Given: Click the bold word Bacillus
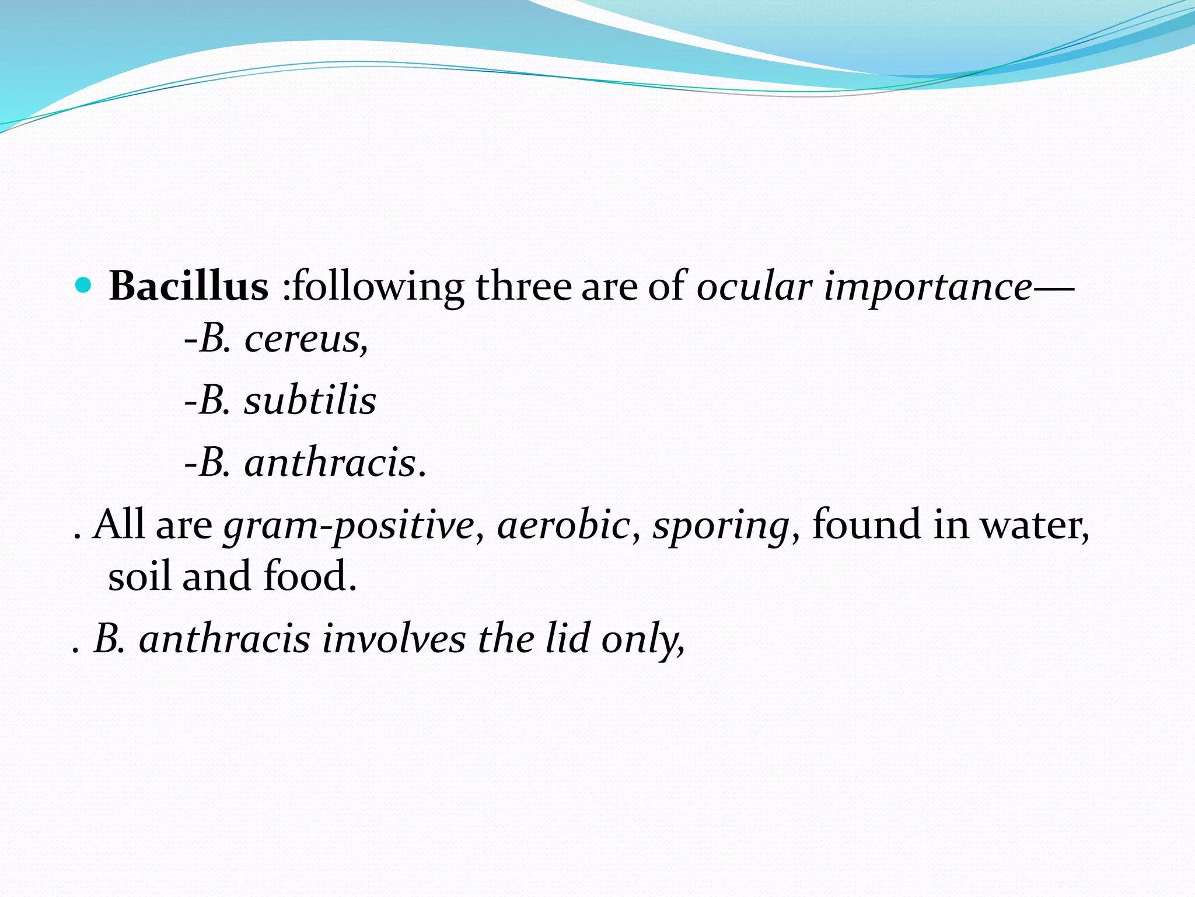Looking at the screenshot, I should tap(188, 287).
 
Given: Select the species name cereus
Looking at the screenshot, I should tap(305, 339).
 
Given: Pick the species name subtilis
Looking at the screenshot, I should tap(310, 401).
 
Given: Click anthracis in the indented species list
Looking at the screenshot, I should tap(330, 463).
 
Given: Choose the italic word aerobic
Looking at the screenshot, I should tap(564, 524).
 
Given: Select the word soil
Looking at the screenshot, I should tap(139, 576).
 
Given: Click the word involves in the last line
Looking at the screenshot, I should tap(394, 638).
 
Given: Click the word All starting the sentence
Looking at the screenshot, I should tap(119, 524).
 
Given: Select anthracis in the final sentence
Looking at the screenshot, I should tap(225, 638).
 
